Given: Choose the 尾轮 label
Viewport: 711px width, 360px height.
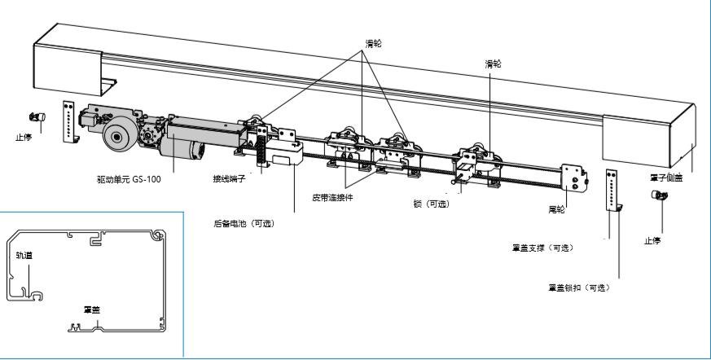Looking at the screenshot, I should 557,209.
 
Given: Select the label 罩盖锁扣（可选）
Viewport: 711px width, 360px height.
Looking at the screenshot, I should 579,288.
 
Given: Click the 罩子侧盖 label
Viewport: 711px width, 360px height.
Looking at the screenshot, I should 667,177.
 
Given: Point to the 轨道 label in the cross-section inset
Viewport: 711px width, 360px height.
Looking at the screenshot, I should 25,255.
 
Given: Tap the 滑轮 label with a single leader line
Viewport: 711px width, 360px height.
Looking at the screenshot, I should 493,63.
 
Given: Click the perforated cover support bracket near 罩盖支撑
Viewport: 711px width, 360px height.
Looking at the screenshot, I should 613,191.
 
